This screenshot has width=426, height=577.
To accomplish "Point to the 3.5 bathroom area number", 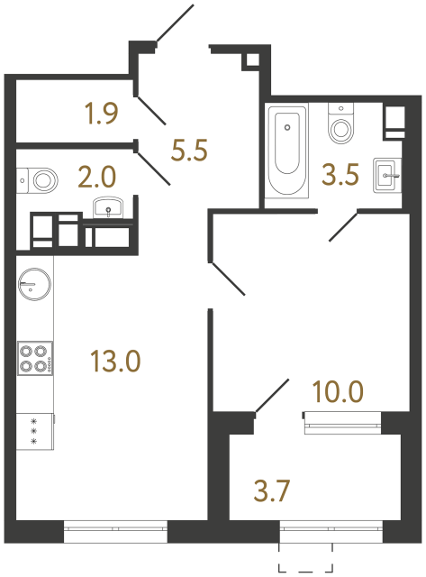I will (341, 174).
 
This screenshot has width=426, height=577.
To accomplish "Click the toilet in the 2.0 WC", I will (40, 179).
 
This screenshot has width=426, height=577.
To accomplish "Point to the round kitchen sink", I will (32, 286).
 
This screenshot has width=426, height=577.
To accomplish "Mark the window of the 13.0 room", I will (115, 533).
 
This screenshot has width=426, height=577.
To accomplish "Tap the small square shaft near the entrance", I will (251, 60).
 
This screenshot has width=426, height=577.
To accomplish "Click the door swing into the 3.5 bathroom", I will (345, 226).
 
